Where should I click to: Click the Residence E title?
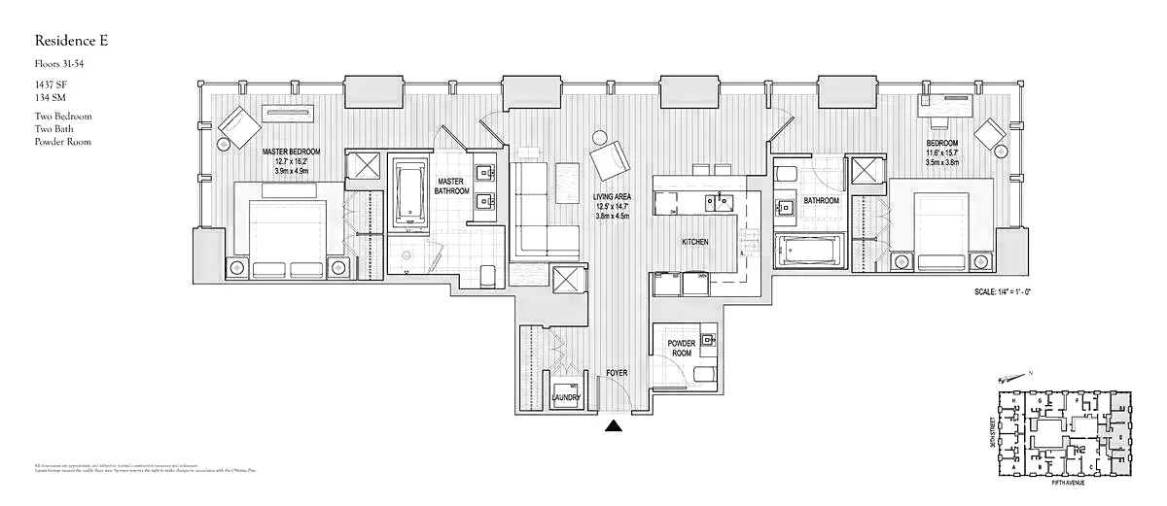(x=71, y=40)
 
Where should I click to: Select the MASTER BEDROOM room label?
(x=293, y=152)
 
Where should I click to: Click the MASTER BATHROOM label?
(x=452, y=186)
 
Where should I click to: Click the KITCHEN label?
(x=694, y=241)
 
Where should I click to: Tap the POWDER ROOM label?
(x=681, y=348)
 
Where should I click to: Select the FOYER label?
(x=617, y=372)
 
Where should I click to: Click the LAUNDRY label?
(x=566, y=397)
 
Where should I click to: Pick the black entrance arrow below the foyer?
(x=614, y=424)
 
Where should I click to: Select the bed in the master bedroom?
(x=287, y=233)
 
